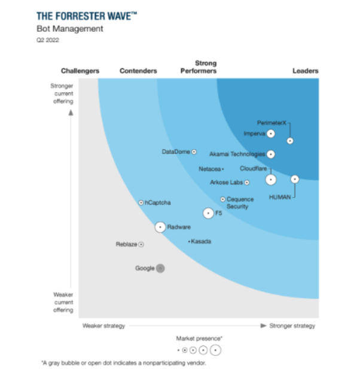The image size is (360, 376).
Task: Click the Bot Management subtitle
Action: coord(70,29)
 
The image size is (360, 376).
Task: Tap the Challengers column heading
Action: coord(80,71)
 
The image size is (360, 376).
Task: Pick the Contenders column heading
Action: coord(138,71)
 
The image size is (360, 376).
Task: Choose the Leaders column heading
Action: coord(305,71)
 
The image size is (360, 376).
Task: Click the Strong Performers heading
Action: coord(199,67)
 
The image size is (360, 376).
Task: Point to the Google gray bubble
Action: coord(160,268)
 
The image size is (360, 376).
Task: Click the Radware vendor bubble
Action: coord(160,227)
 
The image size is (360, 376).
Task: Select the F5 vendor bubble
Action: coord(208,213)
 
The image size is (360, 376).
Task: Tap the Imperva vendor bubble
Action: coord(271,134)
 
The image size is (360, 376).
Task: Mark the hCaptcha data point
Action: coord(141,203)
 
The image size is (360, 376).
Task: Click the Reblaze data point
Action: coord(141,244)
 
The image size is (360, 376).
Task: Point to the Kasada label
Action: coord(201,242)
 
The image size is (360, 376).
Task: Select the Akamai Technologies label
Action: coord(237,154)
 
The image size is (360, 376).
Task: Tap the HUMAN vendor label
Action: coord(279,197)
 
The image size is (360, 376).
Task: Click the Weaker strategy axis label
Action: coord(103,326)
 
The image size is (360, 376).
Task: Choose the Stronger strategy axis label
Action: coord(292,326)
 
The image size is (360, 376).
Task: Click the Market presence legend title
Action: coord(199,338)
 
